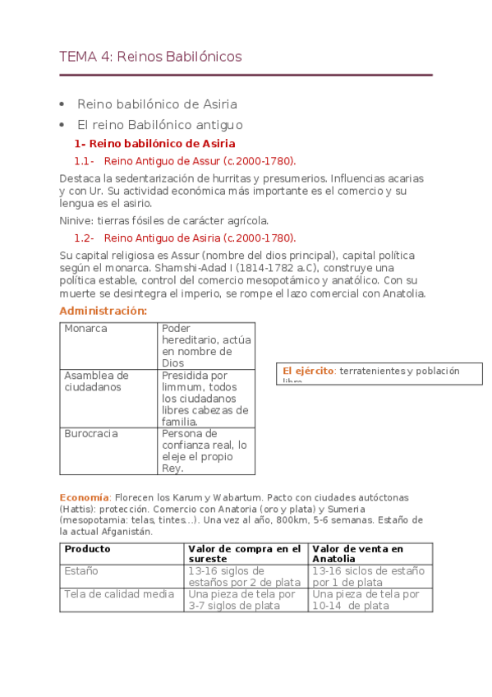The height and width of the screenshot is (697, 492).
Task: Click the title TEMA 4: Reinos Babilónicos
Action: coord(150,57)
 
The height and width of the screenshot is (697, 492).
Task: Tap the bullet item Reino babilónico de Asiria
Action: coord(157,104)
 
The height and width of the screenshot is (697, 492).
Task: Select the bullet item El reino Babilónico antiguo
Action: coord(159,125)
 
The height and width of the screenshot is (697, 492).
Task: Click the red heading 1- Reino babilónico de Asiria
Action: coord(154,144)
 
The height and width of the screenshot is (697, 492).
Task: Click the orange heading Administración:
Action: coord(103,311)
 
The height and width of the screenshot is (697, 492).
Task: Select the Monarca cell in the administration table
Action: coord(86,329)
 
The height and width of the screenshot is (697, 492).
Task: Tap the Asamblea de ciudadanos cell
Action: coord(96,381)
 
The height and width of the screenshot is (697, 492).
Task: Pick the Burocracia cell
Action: coord(91,433)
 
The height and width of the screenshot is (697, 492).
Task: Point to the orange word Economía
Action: coord(84,498)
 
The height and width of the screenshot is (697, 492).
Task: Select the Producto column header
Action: coord(88,549)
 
